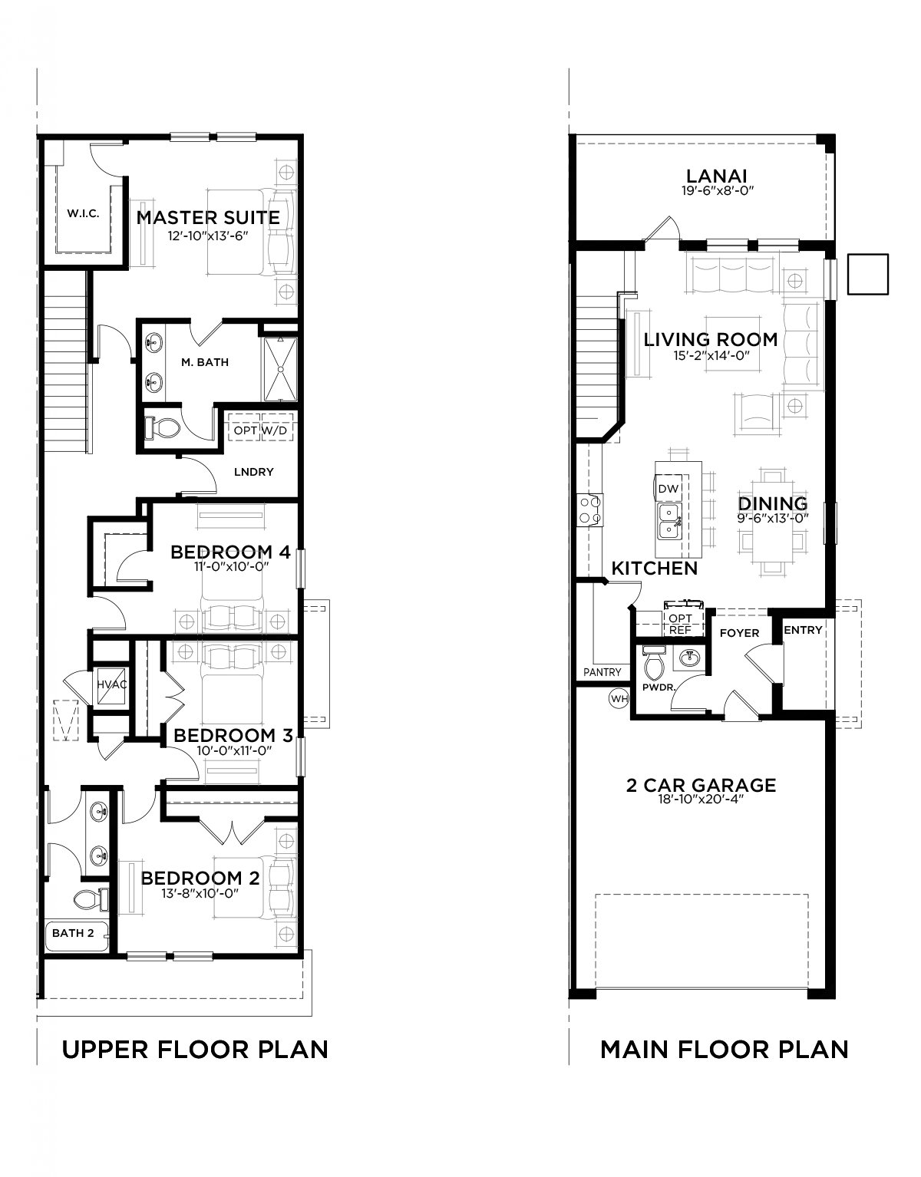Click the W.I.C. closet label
[x=83, y=213]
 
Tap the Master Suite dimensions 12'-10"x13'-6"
[x=208, y=236]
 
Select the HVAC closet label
[x=111, y=684]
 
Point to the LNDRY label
[x=253, y=472]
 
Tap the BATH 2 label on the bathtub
[x=73, y=933]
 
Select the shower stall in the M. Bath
[x=281, y=369]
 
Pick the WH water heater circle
[x=619, y=699]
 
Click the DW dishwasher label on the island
[x=668, y=489]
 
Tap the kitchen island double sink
[x=670, y=521]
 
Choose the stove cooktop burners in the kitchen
[x=590, y=509]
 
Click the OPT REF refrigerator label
[x=680, y=624]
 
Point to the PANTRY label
[x=602, y=672]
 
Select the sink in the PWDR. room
[x=689, y=658]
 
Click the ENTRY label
[x=803, y=630]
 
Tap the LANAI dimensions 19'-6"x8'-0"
[x=718, y=190]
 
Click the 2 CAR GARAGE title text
[x=701, y=785]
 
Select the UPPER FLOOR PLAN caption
[x=195, y=1049]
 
